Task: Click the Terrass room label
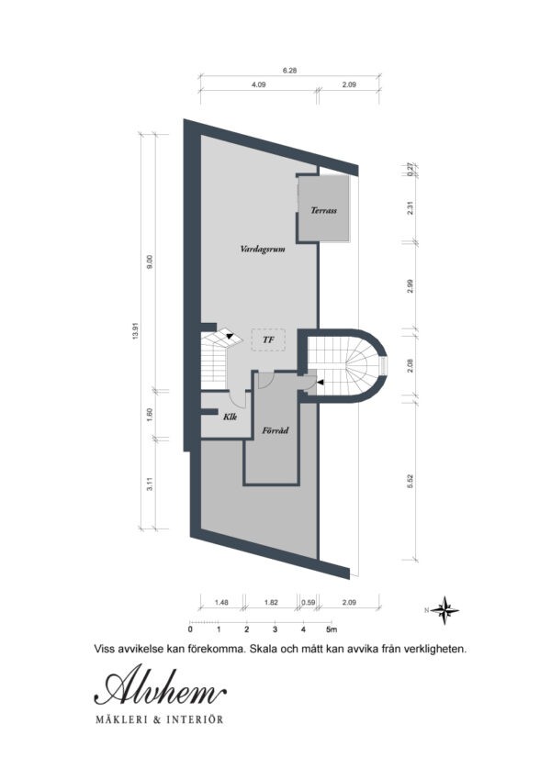[323, 211]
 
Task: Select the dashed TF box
[268, 339]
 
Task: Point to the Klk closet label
[231, 417]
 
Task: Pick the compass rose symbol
[446, 608]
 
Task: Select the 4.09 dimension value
[259, 85]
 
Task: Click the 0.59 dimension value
[309, 603]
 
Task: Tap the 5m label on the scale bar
[332, 630]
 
